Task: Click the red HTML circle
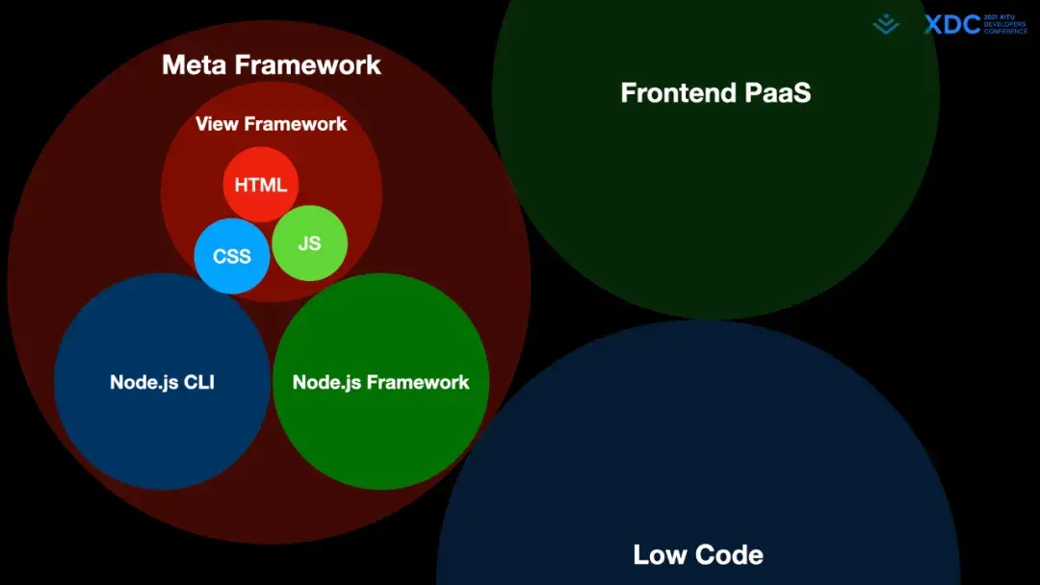261,185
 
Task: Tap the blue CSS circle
231,256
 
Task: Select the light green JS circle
309,243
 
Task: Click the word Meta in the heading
195,64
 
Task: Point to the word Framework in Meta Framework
308,64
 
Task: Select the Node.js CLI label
162,382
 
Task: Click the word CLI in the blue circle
197,382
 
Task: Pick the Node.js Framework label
380,382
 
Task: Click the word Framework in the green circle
418,382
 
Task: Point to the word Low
660,554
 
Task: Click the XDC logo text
951,25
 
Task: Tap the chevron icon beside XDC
886,24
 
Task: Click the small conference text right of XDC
1004,25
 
